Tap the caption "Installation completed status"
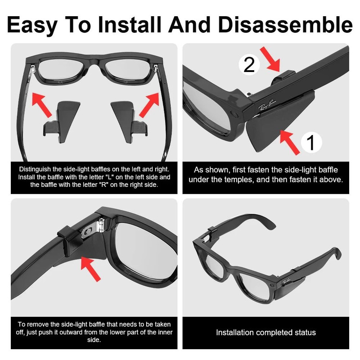[265, 333]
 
